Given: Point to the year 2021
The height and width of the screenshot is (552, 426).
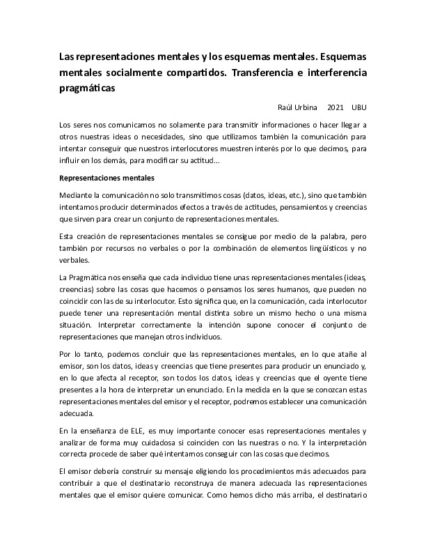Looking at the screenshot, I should [x=336, y=108].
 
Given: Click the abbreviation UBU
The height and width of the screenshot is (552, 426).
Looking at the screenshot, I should [x=359, y=108].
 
